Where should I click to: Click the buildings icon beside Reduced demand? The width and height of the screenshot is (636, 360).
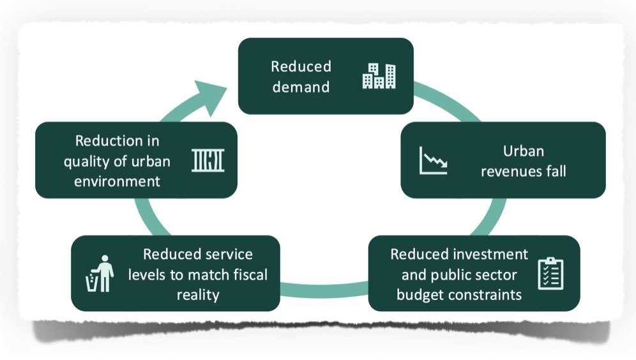pyautogui.click(x=379, y=76)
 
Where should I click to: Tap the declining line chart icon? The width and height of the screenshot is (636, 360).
pyautogui.click(x=433, y=161)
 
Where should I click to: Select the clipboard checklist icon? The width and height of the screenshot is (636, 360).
pyautogui.click(x=550, y=273)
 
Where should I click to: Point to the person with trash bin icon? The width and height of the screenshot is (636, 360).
pyautogui.click(x=100, y=273)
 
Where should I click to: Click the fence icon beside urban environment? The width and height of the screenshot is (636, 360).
pyautogui.click(x=208, y=160)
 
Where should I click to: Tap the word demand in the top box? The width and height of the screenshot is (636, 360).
pyautogui.click(x=301, y=87)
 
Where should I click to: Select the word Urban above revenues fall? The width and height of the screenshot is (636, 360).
pyautogui.click(x=523, y=151)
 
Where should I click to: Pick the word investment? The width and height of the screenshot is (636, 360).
pyautogui.click(x=494, y=254)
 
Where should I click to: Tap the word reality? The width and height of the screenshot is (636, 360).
pyautogui.click(x=198, y=295)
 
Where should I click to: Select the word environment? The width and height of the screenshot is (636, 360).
pyautogui.click(x=117, y=181)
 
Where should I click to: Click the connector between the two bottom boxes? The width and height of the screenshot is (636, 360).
pyautogui.click(x=324, y=290)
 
